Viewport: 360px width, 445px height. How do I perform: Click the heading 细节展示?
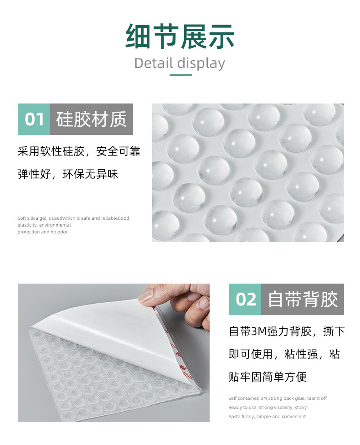(x=180, y=37)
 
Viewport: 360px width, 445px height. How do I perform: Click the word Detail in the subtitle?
(x=154, y=63)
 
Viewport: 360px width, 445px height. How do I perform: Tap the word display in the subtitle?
(x=201, y=63)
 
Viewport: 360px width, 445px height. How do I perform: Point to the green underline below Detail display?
(x=180, y=75)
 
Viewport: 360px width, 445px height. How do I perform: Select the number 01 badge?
(x=34, y=119)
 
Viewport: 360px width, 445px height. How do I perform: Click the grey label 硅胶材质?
(x=91, y=119)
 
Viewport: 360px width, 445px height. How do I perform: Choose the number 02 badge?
(x=245, y=300)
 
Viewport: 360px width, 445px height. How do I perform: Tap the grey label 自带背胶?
(x=303, y=300)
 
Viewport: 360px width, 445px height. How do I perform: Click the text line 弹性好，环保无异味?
(x=68, y=175)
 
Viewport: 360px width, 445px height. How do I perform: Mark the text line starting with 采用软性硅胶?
(x=79, y=152)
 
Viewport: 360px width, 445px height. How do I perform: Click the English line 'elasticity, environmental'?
(x=44, y=225)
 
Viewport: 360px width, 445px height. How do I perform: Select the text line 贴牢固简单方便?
(x=267, y=377)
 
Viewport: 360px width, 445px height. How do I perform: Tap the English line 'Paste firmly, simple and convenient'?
(x=267, y=417)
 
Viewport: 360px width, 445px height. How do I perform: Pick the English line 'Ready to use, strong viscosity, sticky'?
(x=267, y=408)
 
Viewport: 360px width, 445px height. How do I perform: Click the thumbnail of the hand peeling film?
(x=113, y=352)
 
